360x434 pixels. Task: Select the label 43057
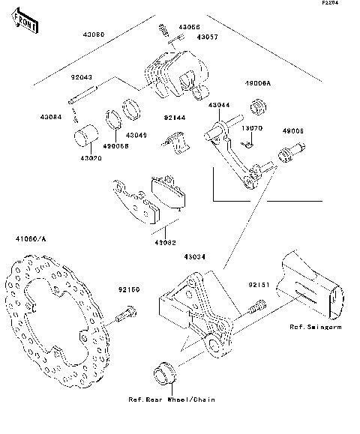[208, 36]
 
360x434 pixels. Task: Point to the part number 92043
[82, 77]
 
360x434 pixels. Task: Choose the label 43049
[136, 135]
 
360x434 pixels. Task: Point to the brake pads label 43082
[165, 242]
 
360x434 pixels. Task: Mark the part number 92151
[259, 285]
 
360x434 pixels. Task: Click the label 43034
[192, 256]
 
